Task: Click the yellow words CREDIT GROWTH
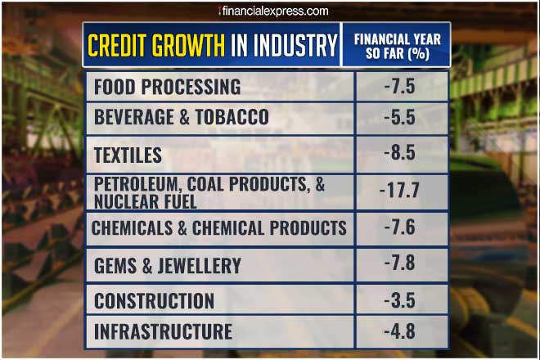(156, 45)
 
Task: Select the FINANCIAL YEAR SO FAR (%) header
(396, 45)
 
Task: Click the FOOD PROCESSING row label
(168, 87)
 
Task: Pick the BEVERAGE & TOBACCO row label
(182, 118)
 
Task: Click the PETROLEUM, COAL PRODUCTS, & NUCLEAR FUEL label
(209, 192)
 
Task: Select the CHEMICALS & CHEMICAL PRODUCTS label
(219, 228)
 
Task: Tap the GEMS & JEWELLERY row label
(168, 265)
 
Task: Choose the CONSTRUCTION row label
(155, 300)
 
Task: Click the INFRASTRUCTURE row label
(164, 331)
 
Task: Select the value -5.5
(399, 118)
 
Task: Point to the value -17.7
(399, 191)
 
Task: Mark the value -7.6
(399, 228)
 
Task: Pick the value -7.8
(399, 265)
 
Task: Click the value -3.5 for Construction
(399, 300)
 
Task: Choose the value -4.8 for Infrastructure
(399, 331)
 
